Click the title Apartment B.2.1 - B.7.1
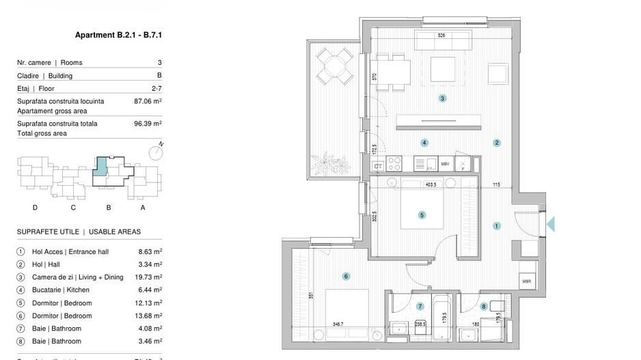[121, 35]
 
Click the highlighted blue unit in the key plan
[100, 167]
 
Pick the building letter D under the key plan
[34, 207]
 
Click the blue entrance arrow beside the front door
[551, 223]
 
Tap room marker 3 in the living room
[443, 98]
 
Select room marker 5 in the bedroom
[422, 214]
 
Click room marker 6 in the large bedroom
[346, 277]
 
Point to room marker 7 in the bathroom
[420, 306]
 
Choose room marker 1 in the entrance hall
[497, 225]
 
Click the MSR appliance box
[526, 281]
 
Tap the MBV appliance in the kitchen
[445, 164]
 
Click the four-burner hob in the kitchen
[396, 164]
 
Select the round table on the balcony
[335, 68]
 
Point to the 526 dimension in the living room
[441, 36]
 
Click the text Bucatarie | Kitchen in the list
[61, 290]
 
